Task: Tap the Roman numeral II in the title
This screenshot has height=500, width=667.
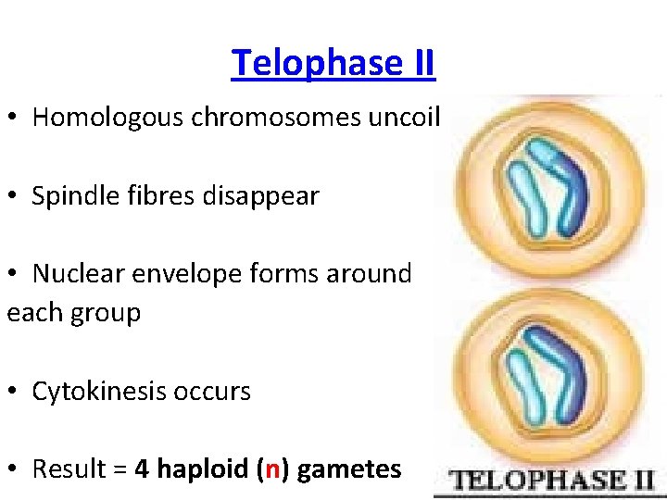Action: (x=419, y=64)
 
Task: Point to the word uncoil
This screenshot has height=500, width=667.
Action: (x=412, y=118)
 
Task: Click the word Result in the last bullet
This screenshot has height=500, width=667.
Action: (x=66, y=469)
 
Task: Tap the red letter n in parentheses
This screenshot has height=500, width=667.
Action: (x=272, y=470)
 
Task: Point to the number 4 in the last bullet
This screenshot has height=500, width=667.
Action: (x=142, y=469)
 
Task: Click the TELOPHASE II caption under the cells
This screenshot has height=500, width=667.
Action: (x=552, y=480)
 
